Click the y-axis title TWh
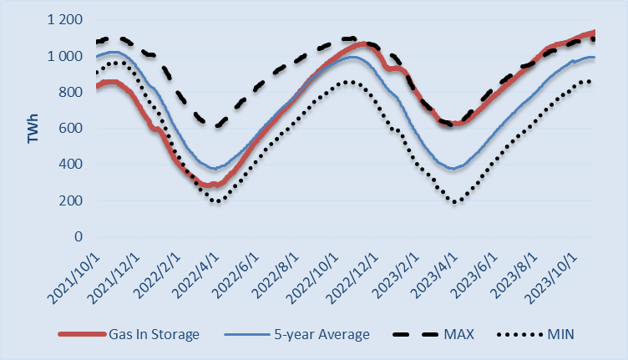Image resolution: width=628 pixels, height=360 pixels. (x=33, y=129)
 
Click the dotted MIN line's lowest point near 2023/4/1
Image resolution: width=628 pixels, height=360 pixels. (x=455, y=202)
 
